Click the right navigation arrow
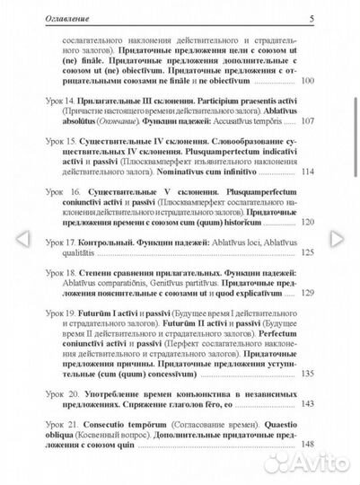[x=338, y=240]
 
